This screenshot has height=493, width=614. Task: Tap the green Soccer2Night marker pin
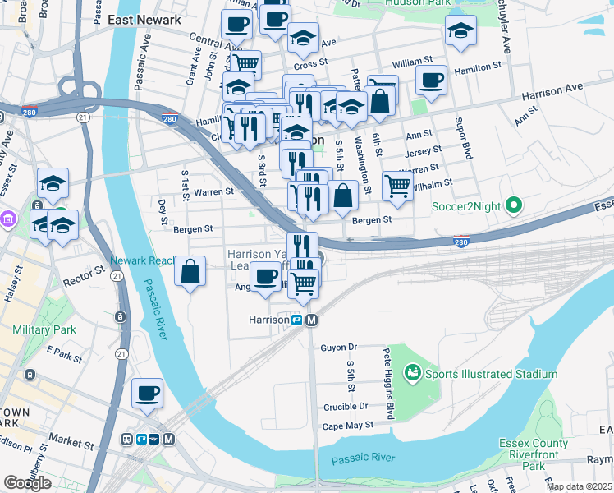point(515,205)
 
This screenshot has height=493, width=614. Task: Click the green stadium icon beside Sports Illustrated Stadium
point(414,374)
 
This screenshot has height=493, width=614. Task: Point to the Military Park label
point(44,329)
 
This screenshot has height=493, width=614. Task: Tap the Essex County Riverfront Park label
point(534,454)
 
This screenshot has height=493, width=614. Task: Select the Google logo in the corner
point(27,482)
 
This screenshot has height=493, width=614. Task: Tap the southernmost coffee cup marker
point(147,394)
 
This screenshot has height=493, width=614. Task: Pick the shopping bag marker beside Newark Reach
point(190,271)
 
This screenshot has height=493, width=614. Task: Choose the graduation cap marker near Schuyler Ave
point(460,30)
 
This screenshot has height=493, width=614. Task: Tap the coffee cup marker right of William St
point(431,81)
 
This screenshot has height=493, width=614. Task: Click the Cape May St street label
point(347,426)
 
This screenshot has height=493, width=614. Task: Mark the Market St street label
point(69,444)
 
